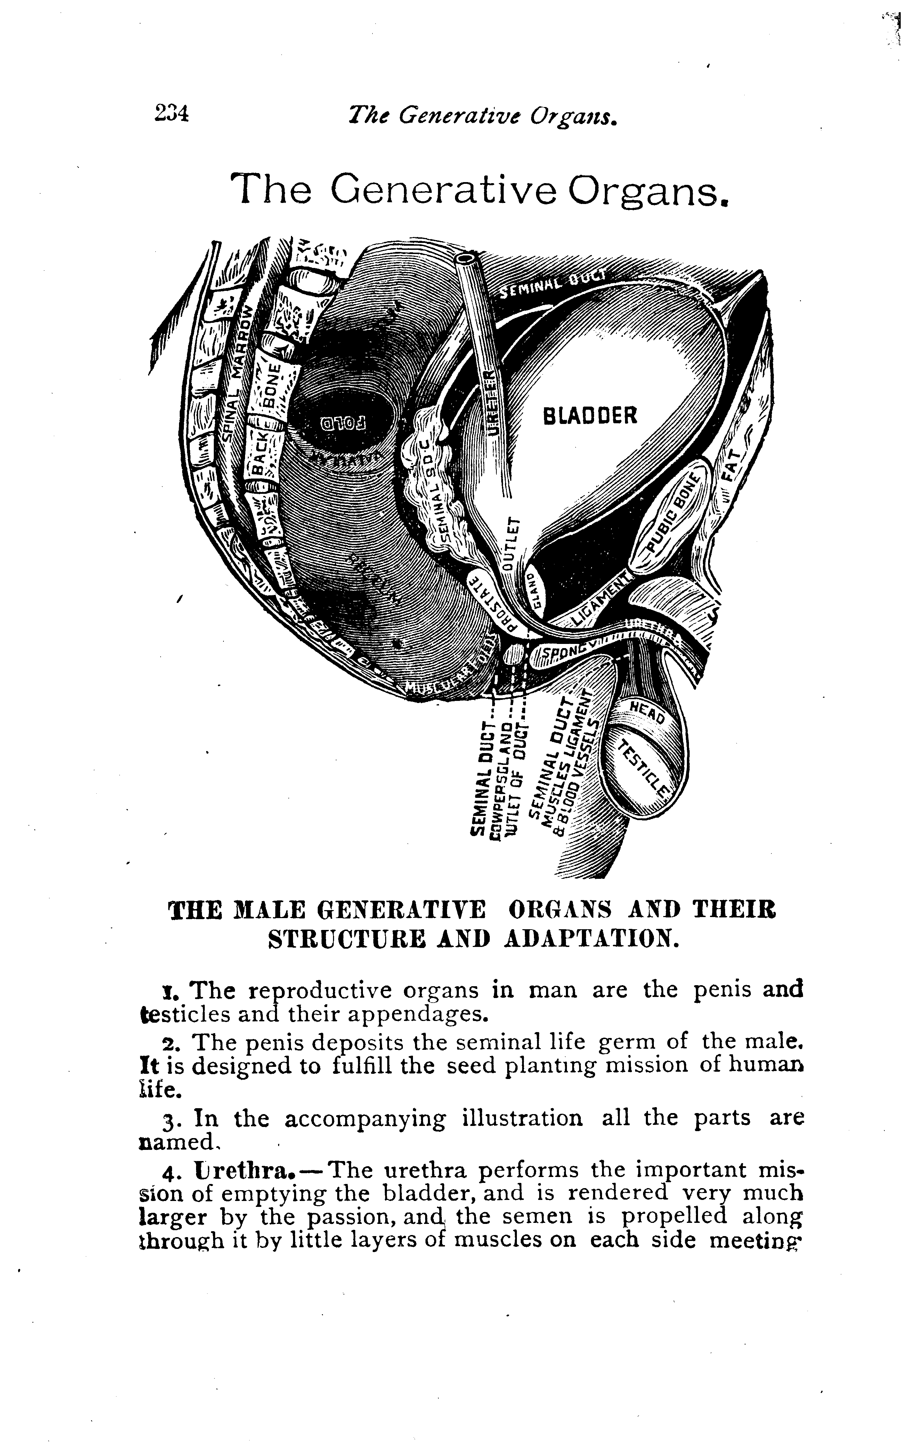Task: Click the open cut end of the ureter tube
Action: point(466,259)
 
